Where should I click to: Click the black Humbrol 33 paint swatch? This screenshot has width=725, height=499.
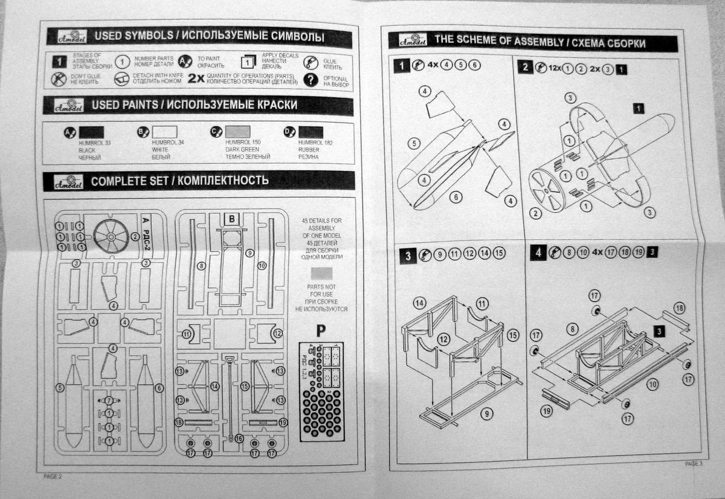[92, 132]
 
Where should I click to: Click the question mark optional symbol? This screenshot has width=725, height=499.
[311, 81]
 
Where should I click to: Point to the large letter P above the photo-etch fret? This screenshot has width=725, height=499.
[321, 331]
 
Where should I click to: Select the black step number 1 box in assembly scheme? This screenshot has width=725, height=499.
[401, 65]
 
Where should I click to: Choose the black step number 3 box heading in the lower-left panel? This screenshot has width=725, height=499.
[408, 256]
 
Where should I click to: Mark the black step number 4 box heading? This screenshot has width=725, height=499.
[536, 253]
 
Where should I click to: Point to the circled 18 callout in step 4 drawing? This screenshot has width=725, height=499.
[679, 308]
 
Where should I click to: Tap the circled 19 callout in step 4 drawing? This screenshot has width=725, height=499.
[547, 411]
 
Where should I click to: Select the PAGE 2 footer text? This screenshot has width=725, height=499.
[53, 477]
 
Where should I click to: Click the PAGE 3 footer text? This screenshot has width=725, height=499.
[694, 464]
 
